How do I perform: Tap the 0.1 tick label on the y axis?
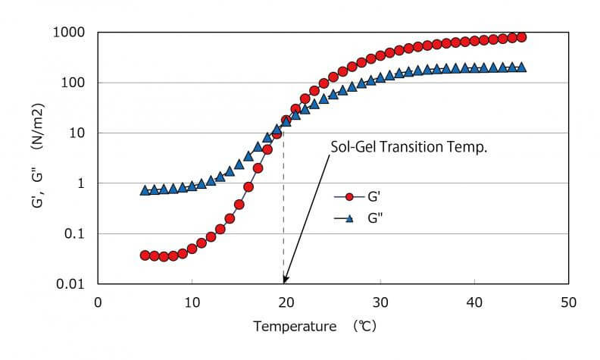tap(74, 233)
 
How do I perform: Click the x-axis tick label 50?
tap(568, 302)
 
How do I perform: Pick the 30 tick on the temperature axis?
tap(380, 302)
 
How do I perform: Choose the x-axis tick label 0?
tap(98, 302)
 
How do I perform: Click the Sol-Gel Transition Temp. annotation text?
tap(408, 146)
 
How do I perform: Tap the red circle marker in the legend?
tap(349, 197)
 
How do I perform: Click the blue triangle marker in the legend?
tap(349, 218)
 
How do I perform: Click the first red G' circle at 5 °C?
tap(145, 255)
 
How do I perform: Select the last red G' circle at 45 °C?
tap(521, 37)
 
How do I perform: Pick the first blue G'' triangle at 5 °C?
tap(145, 191)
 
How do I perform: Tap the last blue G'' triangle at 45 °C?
tap(521, 67)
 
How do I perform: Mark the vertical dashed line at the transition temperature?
tap(284, 212)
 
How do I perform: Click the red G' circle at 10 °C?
tap(192, 249)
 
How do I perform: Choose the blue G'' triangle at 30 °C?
tap(380, 77)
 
